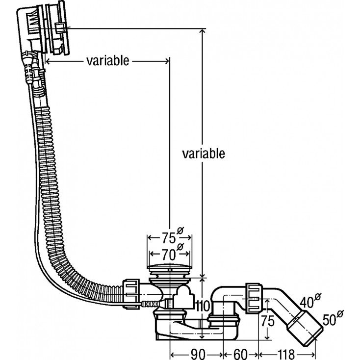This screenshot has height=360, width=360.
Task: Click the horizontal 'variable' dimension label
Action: (x=107, y=60)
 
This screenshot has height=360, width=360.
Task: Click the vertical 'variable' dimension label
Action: (x=203, y=153)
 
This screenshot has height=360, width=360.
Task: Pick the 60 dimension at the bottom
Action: (x=240, y=353)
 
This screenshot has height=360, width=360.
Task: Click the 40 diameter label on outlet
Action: (x=308, y=301)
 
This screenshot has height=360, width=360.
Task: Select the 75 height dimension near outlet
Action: (x=267, y=322)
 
